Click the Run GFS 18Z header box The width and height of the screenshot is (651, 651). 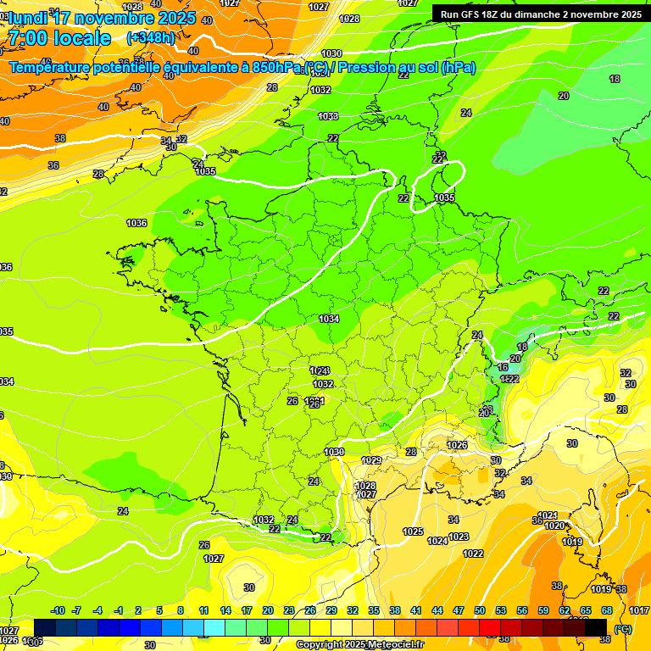tap(541, 14)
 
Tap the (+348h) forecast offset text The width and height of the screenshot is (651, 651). tap(151, 37)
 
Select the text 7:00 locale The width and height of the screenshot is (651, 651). tap(59, 38)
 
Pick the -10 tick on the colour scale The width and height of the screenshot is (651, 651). tap(58, 610)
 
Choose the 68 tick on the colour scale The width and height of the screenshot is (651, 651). tap(607, 610)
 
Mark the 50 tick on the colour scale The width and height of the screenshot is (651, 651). tap(480, 610)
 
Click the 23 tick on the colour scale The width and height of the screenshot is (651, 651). tap(289, 610)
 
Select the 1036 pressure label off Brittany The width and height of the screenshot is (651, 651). tap(136, 223)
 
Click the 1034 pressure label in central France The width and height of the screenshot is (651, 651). tap(329, 319)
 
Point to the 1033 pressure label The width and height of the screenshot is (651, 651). tap(328, 116)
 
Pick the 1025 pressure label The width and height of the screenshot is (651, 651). tap(413, 531)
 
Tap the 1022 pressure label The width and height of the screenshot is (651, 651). tap(473, 554)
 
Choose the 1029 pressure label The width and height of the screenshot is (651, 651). tap(371, 460)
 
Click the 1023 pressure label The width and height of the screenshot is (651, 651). tap(459, 537)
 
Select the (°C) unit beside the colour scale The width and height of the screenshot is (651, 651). tap(623, 629)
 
